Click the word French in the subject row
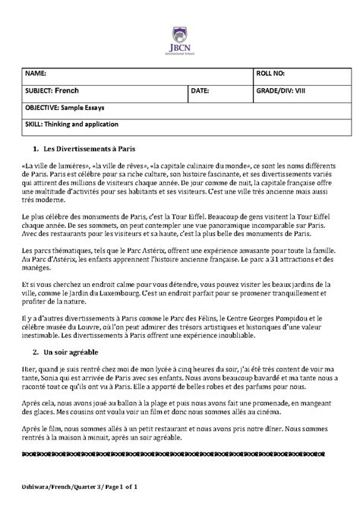coord(67,90)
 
